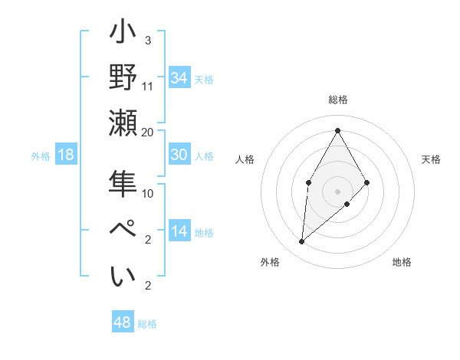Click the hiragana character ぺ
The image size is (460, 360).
[124, 230]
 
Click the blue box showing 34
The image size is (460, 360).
[179, 78]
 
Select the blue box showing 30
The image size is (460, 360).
[179, 155]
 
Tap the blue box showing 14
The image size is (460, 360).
[179, 231]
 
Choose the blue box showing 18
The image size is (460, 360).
[66, 155]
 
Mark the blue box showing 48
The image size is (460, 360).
[123, 322]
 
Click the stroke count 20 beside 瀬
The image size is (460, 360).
[148, 132]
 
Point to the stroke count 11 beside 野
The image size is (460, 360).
[148, 86]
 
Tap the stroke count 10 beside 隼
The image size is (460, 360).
[148, 193]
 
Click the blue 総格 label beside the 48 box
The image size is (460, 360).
[147, 324]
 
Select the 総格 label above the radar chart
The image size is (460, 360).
[337, 100]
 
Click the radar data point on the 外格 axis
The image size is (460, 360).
[302, 242]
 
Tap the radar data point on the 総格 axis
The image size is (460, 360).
[337, 130]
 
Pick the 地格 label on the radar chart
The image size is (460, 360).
[402, 262]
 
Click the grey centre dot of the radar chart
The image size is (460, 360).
[337, 191]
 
